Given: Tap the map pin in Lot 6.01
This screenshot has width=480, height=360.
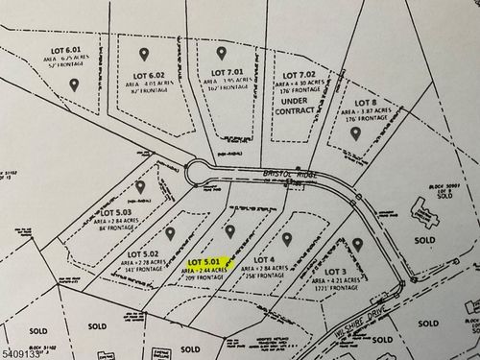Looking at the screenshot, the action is pos(74,84).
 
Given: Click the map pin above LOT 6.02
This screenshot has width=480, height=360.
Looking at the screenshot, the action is pos(145,55).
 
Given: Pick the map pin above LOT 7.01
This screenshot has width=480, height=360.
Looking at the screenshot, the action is pos(222,54).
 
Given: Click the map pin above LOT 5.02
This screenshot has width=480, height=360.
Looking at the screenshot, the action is pos(170,233).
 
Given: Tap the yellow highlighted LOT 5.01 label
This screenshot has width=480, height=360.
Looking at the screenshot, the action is pos(206,260).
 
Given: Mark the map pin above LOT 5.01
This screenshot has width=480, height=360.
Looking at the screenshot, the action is pos(228,230).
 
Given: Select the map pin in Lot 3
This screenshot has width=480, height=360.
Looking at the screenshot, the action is pos(357,246).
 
